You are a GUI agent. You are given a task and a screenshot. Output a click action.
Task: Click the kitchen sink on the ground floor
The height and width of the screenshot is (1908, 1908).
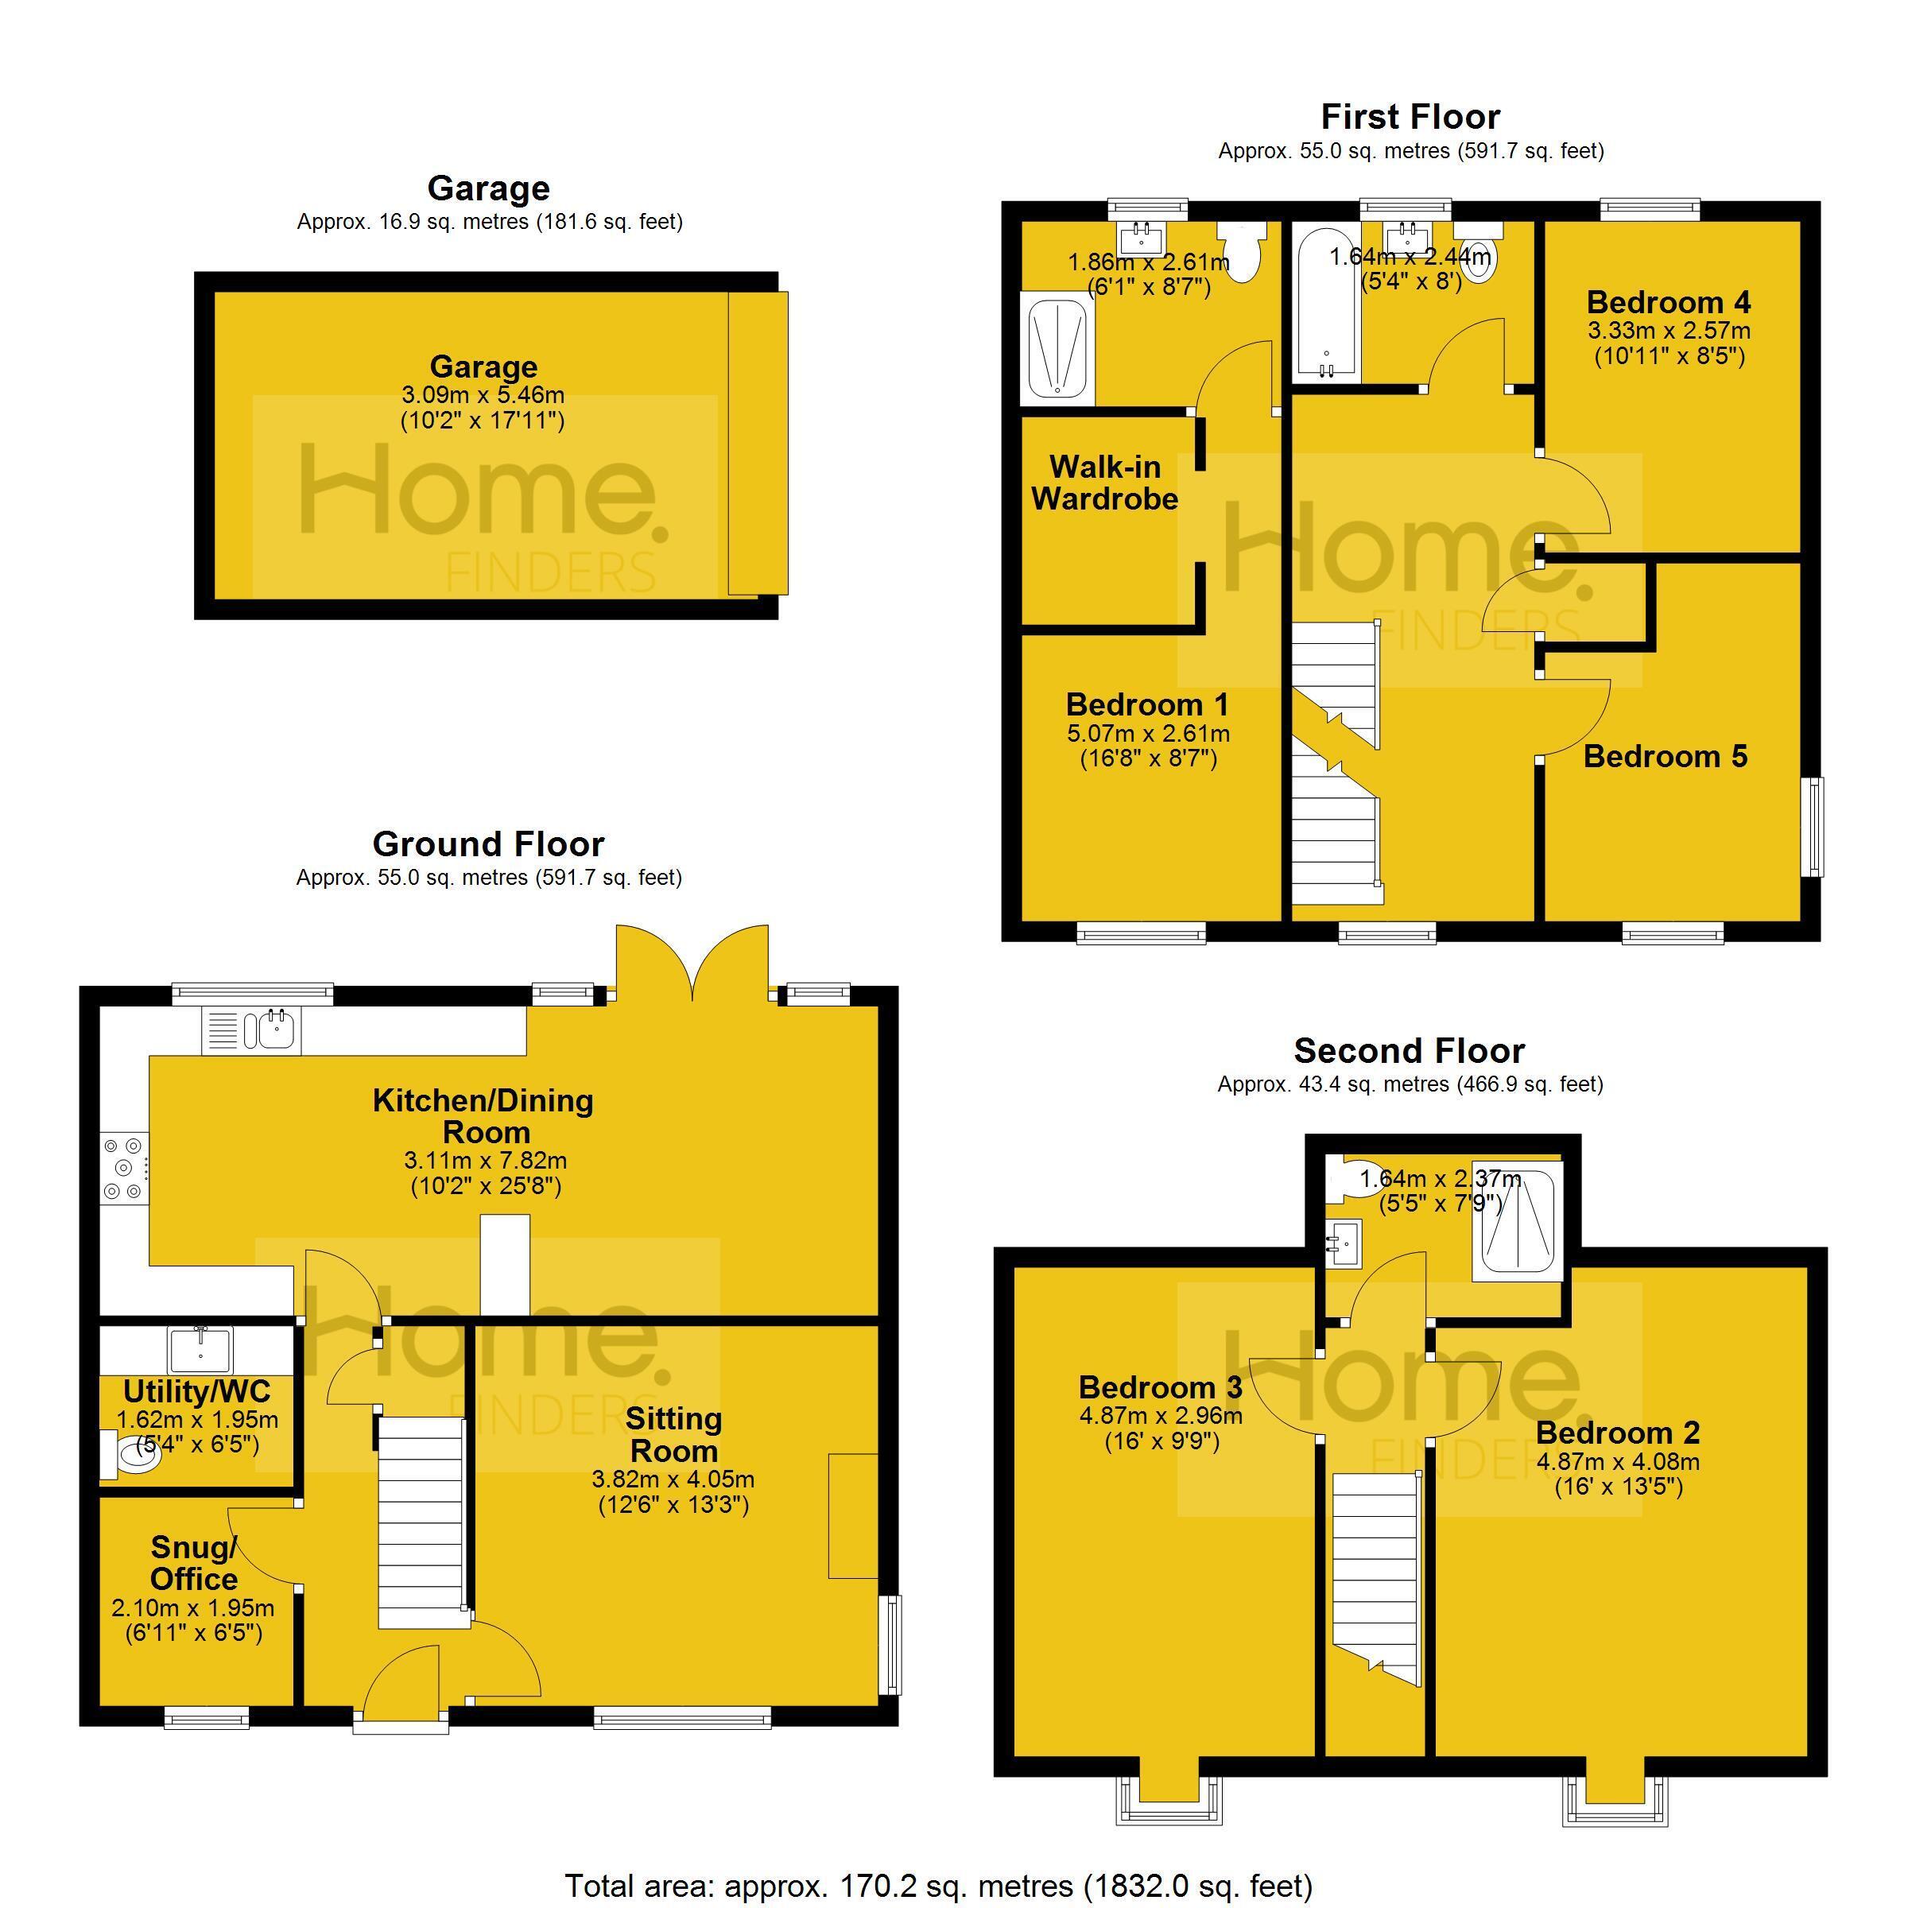point(252,1030)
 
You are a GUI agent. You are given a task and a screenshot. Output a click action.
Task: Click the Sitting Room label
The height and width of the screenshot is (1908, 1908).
point(674,1435)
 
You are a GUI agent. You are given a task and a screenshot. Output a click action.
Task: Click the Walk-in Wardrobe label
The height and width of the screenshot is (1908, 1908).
point(1105,483)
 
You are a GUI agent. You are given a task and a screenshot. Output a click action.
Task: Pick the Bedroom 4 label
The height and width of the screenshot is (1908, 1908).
point(1669,301)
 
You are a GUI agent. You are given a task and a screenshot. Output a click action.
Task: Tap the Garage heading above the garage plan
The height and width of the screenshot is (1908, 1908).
point(489,188)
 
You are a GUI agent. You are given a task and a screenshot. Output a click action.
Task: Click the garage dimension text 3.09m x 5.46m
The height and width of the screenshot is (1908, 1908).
point(483,395)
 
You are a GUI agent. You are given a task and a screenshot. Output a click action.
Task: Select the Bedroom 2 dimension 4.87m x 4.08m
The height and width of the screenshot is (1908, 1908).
point(1618,1462)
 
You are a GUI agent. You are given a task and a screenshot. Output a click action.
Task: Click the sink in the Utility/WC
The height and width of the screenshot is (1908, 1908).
point(200,1350)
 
